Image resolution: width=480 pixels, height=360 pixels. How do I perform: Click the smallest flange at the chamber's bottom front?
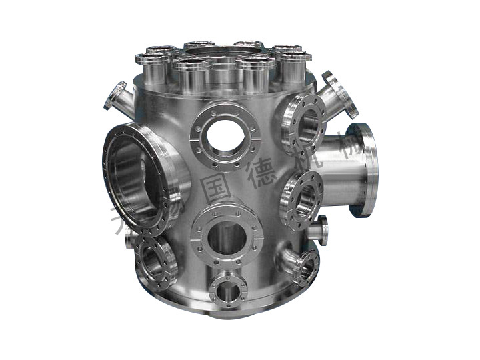228,289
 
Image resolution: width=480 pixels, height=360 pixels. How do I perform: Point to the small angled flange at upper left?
115,95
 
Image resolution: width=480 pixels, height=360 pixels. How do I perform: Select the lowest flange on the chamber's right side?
304,267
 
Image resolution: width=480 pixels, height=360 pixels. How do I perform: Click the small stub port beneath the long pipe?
319,229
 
